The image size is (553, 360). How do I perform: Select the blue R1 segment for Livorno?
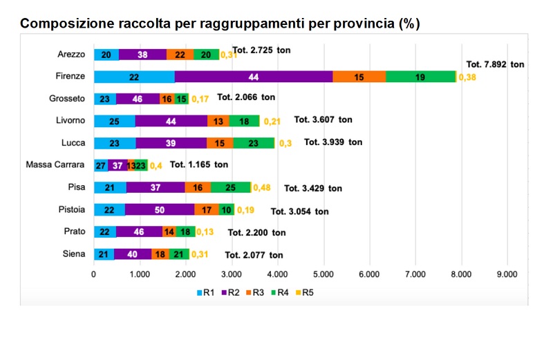click(114, 121)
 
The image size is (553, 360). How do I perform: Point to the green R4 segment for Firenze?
click(420, 76)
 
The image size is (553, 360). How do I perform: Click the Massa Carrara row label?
click(55, 164)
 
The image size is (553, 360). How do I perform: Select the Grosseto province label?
click(67, 98)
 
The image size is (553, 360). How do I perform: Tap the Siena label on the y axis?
click(73, 254)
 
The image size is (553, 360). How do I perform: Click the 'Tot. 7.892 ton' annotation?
click(496, 64)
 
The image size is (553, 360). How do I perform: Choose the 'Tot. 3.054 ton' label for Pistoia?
click(299, 211)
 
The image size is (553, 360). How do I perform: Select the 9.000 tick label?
click(507, 274)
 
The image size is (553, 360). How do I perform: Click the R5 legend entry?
click(303, 292)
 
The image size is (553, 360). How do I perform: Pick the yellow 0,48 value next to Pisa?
click(261, 188)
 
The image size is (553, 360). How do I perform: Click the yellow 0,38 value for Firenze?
click(467, 77)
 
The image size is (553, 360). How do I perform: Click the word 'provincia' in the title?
click(359, 23)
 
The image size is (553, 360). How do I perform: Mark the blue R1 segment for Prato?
click(105, 231)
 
